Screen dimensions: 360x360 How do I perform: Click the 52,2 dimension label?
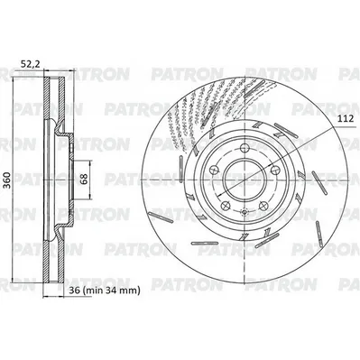point(30,63)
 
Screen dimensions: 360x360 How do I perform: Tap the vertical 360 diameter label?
point(7,180)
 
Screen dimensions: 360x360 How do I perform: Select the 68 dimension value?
point(83,180)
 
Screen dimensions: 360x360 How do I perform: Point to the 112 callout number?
point(345,119)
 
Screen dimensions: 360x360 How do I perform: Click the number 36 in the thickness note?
point(74,291)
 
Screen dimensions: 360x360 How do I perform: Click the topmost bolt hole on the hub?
point(245,148)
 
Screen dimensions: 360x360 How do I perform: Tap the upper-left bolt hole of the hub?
point(214,170)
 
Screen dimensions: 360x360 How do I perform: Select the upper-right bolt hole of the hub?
point(275,170)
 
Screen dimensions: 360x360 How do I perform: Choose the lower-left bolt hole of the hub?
point(226,206)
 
